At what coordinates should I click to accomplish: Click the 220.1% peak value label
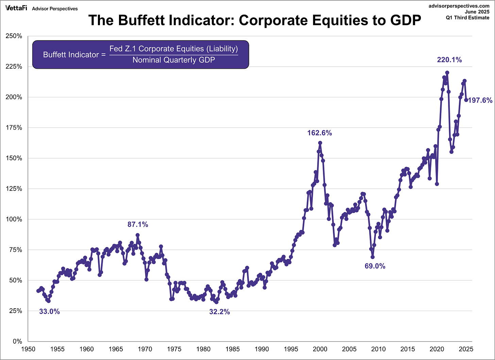[449, 60]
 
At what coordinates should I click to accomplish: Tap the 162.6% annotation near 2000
[320, 133]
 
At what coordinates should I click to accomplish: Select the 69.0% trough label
[375, 266]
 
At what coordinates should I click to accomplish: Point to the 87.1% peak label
[138, 225]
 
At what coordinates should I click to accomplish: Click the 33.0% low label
[49, 311]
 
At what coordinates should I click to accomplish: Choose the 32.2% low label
[219, 312]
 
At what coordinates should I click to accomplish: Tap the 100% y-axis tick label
[15, 219]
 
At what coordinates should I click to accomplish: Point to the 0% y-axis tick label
[17, 342]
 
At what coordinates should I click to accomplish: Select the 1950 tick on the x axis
[28, 349]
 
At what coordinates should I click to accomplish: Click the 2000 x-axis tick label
[320, 349]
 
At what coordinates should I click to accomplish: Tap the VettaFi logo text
[16, 8]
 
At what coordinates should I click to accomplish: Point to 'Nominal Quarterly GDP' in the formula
[174, 60]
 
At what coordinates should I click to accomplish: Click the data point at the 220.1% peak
[447, 72]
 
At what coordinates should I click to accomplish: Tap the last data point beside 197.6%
[466, 100]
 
